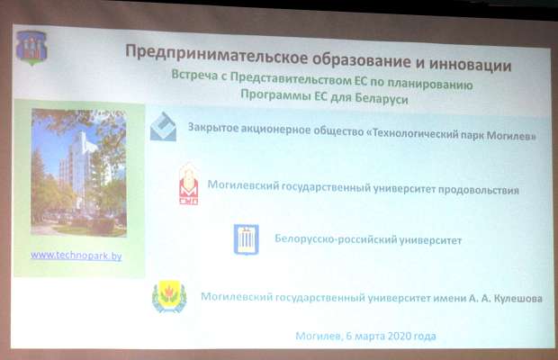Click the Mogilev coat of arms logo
[31, 48]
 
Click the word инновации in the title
[470, 65]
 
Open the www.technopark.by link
[76, 256]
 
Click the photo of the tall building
[78, 173]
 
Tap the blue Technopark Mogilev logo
[163, 127]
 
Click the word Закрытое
[213, 128]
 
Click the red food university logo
[189, 184]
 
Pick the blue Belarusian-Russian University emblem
[247, 239]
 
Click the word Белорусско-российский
[336, 239]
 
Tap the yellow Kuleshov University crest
[169, 297]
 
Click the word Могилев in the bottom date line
[319, 336]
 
